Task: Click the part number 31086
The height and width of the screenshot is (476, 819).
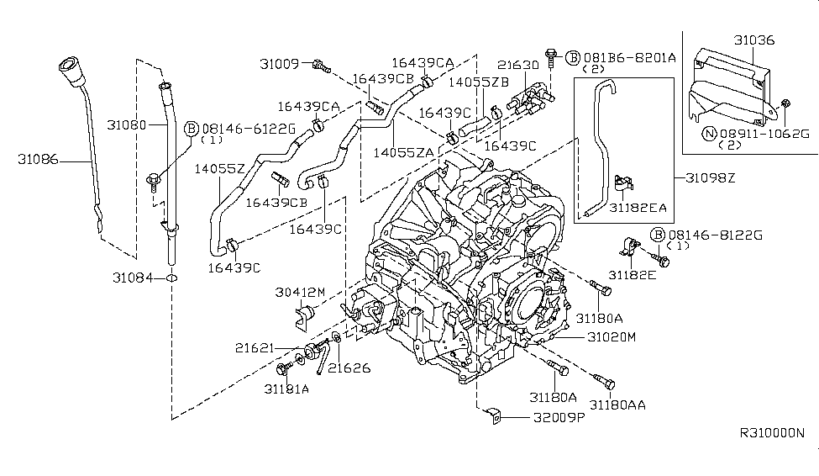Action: pyautogui.click(x=40, y=157)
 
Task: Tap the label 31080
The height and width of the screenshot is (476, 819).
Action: pyautogui.click(x=127, y=124)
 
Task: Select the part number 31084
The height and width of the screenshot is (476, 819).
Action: pyautogui.click(x=132, y=276)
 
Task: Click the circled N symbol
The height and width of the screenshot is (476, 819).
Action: pyautogui.click(x=708, y=133)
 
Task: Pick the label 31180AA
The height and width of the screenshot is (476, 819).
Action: pyautogui.click(x=618, y=405)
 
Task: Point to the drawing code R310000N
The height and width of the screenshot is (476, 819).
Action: pyautogui.click(x=771, y=433)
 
